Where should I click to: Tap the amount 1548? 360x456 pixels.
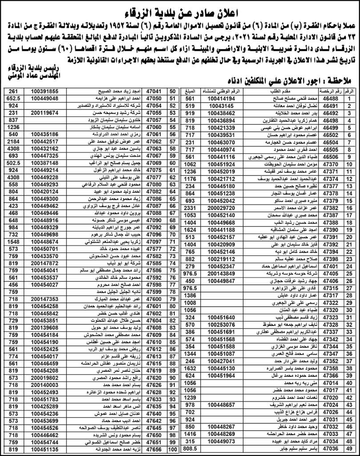click(x=12, y=241)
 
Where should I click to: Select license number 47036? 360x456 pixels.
click(x=331, y=450)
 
